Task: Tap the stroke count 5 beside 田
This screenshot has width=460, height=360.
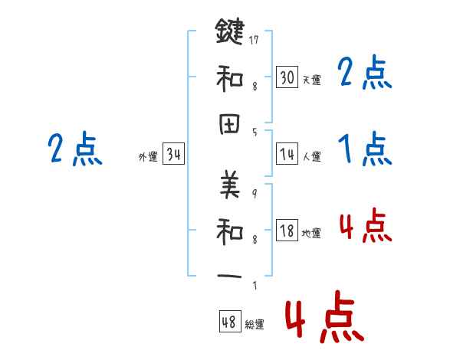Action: coord(254,132)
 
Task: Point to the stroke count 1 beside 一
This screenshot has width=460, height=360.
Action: coord(254,286)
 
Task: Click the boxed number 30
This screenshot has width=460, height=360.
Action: coord(287,77)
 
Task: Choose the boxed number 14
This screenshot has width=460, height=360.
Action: coord(287,154)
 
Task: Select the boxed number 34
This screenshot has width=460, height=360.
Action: coord(173,155)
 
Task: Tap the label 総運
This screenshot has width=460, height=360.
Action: coord(255,325)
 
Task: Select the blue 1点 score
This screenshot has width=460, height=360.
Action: coord(364,149)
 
